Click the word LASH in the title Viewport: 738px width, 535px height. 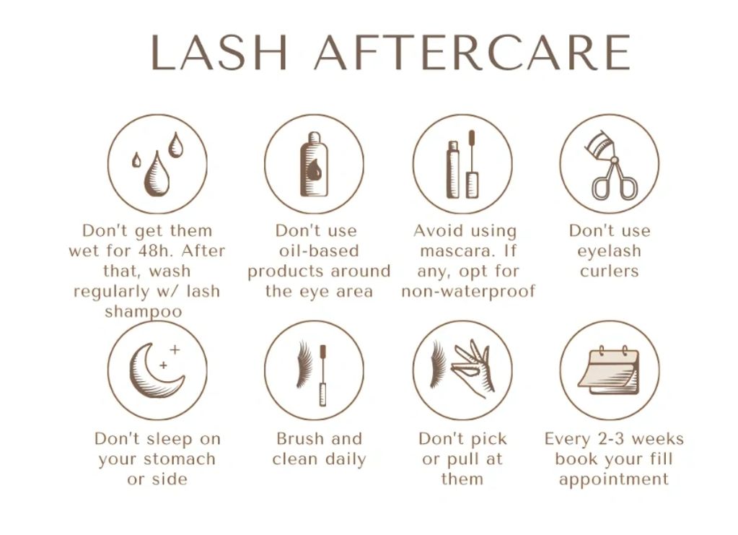pyautogui.click(x=219, y=52)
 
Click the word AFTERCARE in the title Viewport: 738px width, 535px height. pyautogui.click(x=472, y=52)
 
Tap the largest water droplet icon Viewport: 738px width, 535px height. pyautogui.click(x=157, y=173)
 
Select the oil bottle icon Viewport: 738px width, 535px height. pyautogui.click(x=315, y=165)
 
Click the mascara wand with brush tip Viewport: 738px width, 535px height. pyautogui.click(x=472, y=165)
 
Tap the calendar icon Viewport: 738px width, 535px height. pyautogui.click(x=609, y=370)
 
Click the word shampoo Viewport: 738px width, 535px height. pyautogui.click(x=143, y=312)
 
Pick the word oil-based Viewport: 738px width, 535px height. pyautogui.click(x=319, y=251)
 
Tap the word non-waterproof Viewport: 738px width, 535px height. pyautogui.click(x=468, y=292)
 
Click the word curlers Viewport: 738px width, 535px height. pyautogui.click(x=609, y=271)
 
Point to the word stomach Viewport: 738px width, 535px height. pyautogui.click(x=180, y=459)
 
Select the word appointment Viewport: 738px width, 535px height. pyautogui.click(x=613, y=480)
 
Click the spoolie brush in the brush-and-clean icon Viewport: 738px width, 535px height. pyautogui.click(x=323, y=375)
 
